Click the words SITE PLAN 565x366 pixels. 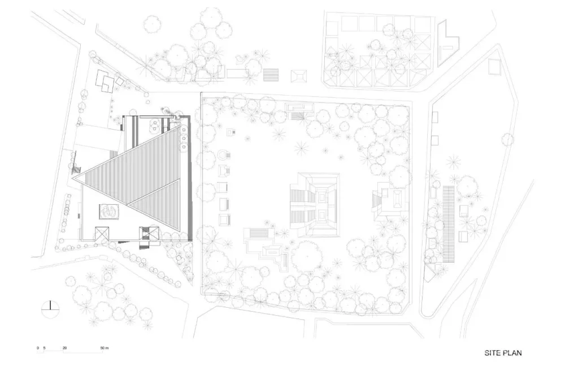coord(502,353)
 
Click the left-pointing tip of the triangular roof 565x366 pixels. coord(75,176)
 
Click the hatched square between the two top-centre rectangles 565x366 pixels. coord(272,74)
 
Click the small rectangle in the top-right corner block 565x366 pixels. coord(495,68)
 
